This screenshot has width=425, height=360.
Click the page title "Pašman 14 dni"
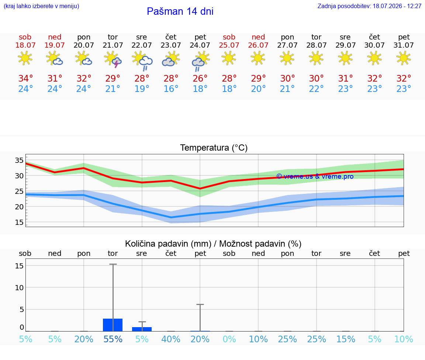pyautogui.click(x=180, y=11)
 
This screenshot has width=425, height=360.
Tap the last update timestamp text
pyautogui.click(x=369, y=6)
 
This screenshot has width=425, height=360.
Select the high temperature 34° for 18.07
pyautogui.click(x=25, y=78)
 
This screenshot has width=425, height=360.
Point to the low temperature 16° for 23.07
pyautogui.click(x=171, y=89)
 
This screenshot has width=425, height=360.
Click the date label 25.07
pyautogui.click(x=229, y=45)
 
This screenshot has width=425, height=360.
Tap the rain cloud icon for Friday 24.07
pyautogui.click(x=200, y=61)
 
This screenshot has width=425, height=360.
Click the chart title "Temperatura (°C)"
pyautogui.click(x=214, y=148)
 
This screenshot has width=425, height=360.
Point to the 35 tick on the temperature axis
pyautogui.click(x=19, y=160)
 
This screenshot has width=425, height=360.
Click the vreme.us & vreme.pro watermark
pyautogui.click(x=315, y=176)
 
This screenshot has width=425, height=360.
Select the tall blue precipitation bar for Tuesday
pyautogui.click(x=113, y=325)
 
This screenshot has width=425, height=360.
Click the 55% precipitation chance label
pyautogui.click(x=113, y=339)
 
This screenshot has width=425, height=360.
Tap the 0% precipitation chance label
pyautogui.click(x=229, y=339)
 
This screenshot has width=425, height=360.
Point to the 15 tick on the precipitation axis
pyautogui.click(x=19, y=266)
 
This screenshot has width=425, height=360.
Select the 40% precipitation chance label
pyautogui.click(x=171, y=339)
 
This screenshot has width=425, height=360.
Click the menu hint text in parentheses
pyautogui.click(x=41, y=6)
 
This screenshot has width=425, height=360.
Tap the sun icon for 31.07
pyautogui.click(x=404, y=58)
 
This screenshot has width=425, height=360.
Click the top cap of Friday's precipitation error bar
pyautogui.click(x=200, y=305)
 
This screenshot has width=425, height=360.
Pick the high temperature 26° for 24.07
pyautogui.click(x=200, y=78)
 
